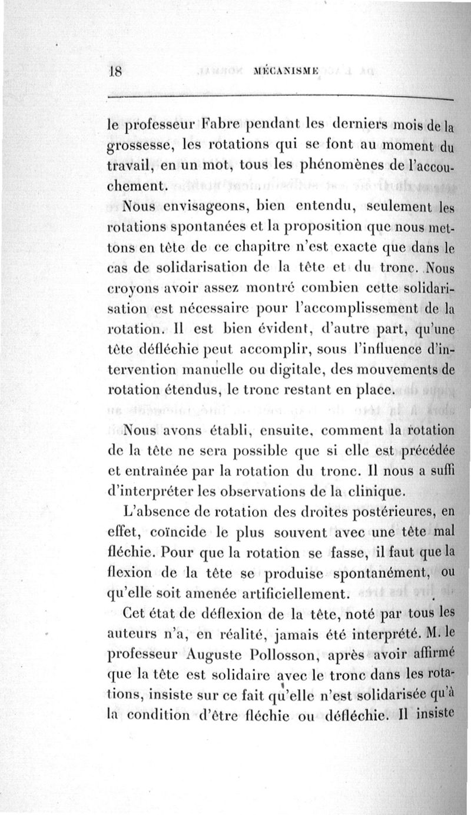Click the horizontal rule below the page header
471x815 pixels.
[x=277, y=97]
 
